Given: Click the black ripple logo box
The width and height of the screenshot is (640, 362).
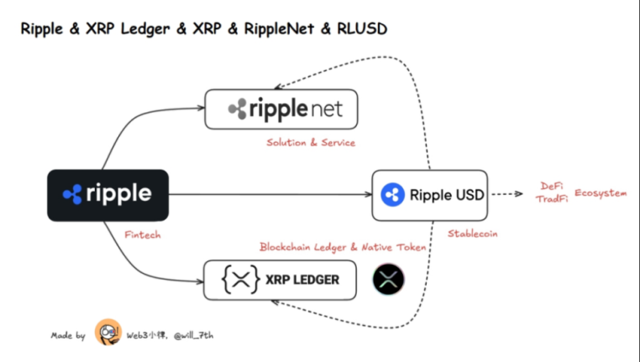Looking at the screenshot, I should [x=108, y=195].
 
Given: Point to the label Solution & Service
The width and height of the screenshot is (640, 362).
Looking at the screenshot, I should [x=311, y=143].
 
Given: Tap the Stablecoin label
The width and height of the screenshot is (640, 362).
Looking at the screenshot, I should [x=472, y=233].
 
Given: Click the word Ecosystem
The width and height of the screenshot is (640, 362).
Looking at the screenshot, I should [x=601, y=193].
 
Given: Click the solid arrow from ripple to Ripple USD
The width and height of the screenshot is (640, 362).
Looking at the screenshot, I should [x=269, y=195].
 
